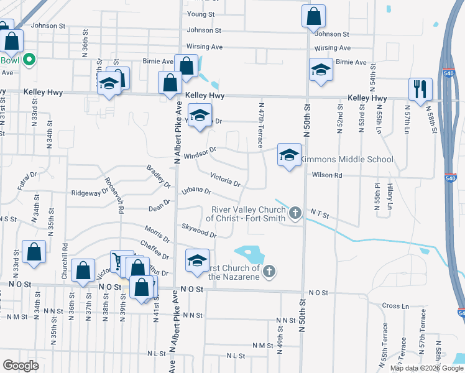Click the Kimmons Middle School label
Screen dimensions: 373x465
347,160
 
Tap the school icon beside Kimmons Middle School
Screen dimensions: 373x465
289,155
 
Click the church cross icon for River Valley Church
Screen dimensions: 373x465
295,214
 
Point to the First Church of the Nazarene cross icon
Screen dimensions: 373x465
269,271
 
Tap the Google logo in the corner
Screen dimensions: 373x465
21,366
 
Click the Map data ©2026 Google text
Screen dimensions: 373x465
426,368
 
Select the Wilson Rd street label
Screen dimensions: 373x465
327,176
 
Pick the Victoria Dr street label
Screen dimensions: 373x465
225,180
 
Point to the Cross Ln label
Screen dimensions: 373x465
395,306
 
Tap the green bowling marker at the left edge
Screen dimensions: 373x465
28,60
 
